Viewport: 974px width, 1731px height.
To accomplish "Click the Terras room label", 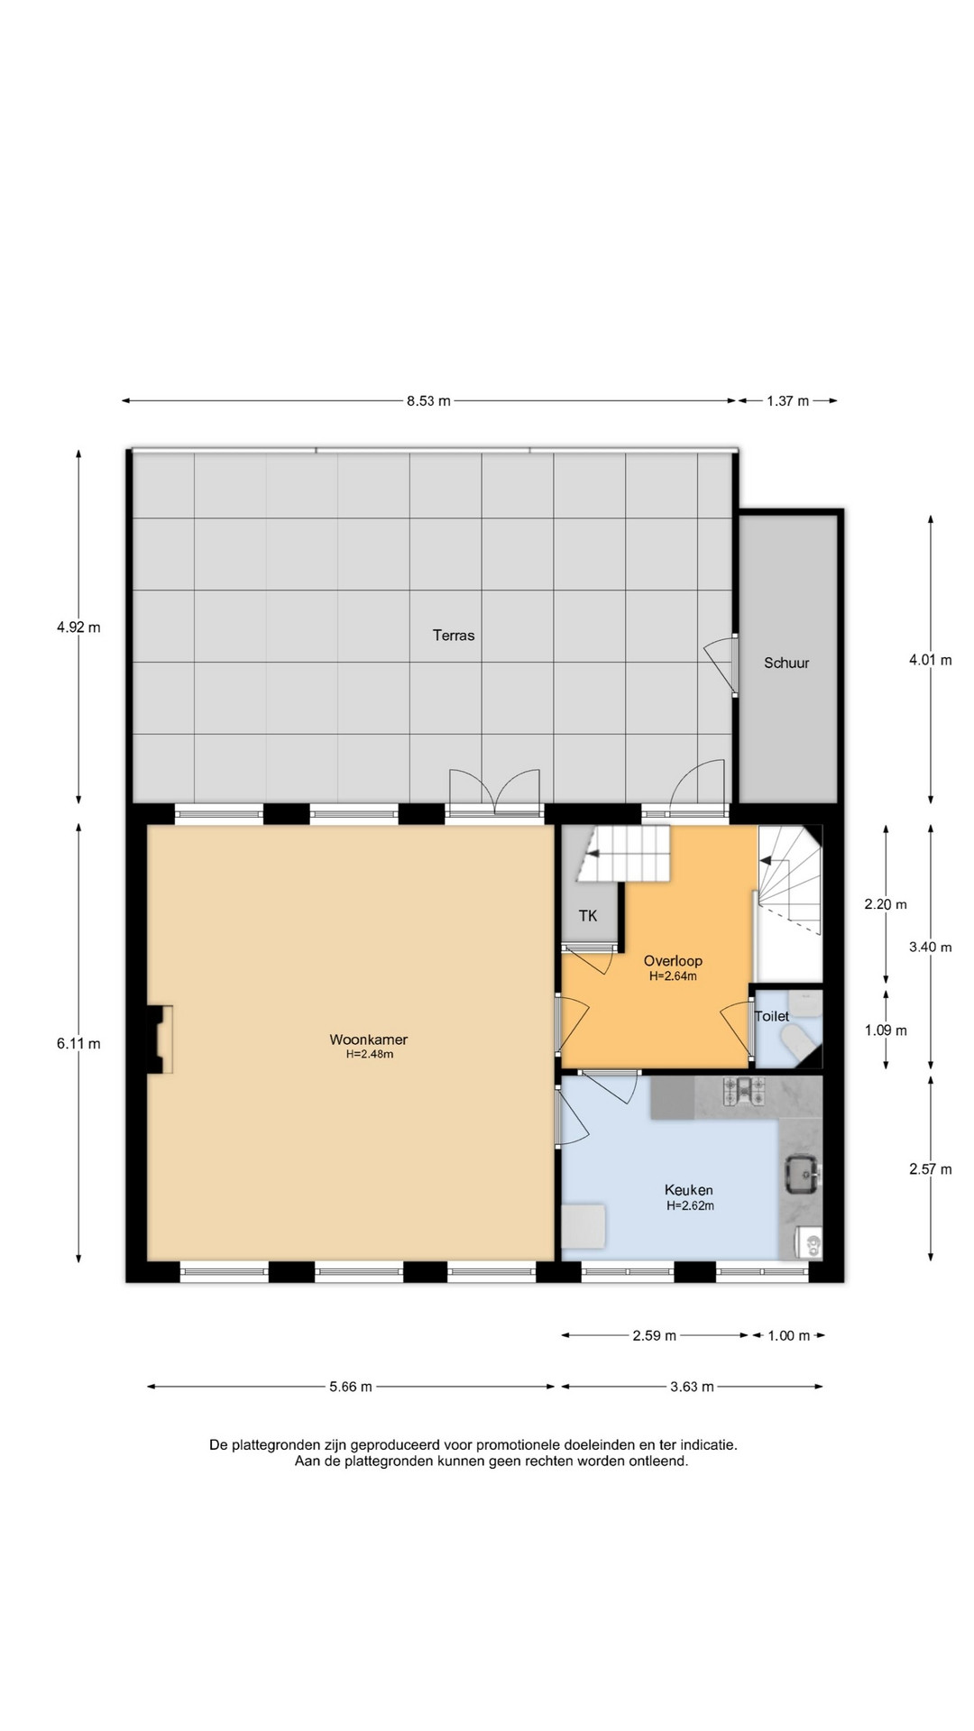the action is point(454,636).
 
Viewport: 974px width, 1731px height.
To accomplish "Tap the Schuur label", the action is point(786,663).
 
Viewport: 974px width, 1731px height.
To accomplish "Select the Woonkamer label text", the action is point(369,1040).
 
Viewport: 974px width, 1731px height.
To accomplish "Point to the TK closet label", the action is point(588,916).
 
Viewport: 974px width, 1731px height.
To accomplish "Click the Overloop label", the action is point(673,961).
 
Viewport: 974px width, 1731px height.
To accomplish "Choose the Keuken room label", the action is point(689,1190).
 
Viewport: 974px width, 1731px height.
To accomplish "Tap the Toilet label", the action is point(772,1016).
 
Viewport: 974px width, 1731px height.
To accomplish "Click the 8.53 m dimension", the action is point(428,401).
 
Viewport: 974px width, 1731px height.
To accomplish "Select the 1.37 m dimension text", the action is point(788,401).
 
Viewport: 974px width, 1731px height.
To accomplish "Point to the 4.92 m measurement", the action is point(78,627).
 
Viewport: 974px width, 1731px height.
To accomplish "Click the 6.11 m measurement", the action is point(78,1044).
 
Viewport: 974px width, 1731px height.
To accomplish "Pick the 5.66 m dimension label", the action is point(351,1387).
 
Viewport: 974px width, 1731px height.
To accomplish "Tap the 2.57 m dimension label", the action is point(931,1169).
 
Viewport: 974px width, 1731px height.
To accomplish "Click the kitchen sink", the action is point(802,1174).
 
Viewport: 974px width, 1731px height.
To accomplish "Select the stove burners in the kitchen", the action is point(744,1092).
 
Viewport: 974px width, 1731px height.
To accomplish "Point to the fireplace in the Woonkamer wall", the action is point(160,1040).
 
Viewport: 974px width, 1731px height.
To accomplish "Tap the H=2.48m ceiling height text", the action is point(370,1054).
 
